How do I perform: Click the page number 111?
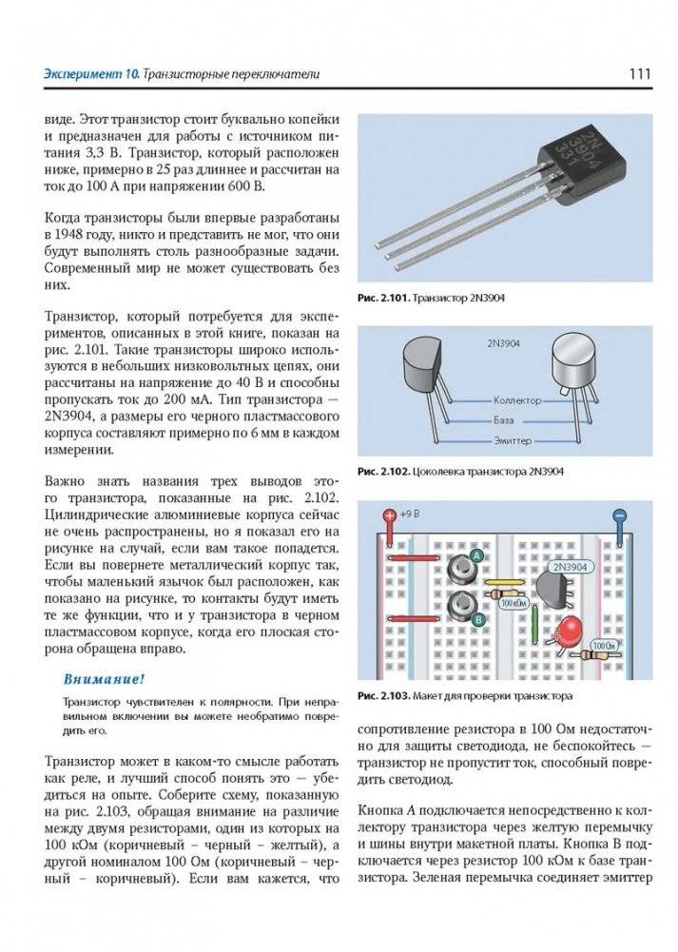638,73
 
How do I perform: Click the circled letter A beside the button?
476,554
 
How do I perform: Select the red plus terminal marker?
389,517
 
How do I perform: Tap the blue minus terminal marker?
619,517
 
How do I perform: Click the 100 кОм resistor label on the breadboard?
513,604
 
